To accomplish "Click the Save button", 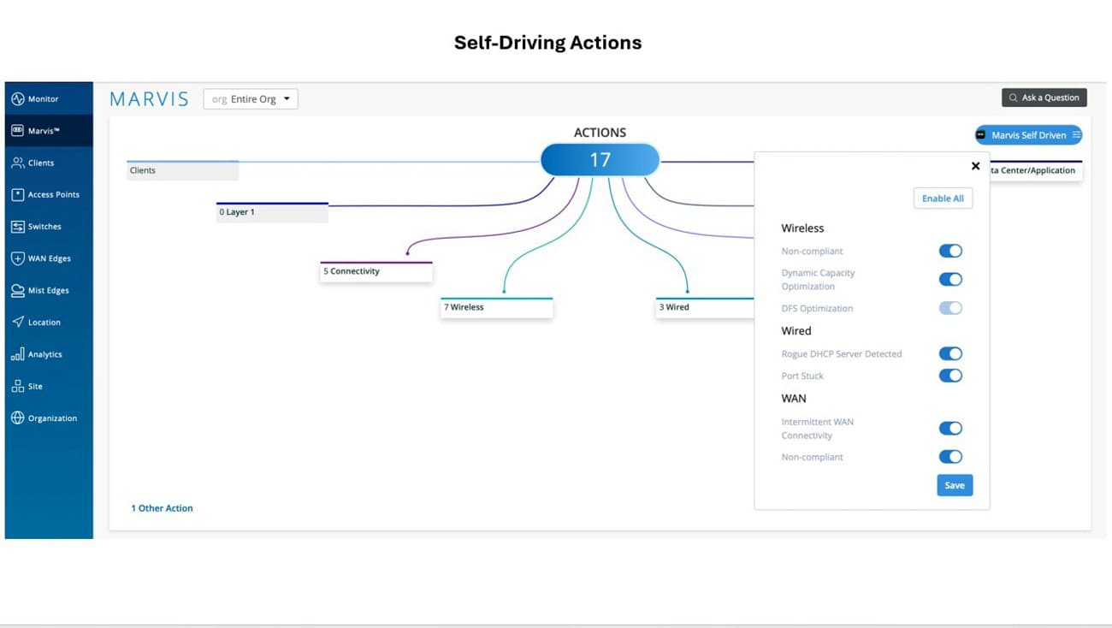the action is [955, 485].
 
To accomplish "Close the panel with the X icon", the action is [975, 166].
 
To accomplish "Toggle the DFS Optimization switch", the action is [950, 308].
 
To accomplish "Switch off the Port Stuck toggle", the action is [950, 376].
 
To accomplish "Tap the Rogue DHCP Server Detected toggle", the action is [950, 353].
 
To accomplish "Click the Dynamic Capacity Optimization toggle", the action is [950, 279].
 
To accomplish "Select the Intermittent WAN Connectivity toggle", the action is [950, 428].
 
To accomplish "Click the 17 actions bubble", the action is [600, 160].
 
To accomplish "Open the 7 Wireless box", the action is [496, 308].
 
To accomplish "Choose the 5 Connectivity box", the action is [376, 271].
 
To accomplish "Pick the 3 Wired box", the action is [705, 308].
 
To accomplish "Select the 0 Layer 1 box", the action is [272, 212].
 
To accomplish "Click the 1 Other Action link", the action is [162, 508].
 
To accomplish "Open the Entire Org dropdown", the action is [251, 98].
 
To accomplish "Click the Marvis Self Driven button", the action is [1028, 135].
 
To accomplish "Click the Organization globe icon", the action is [17, 418].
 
